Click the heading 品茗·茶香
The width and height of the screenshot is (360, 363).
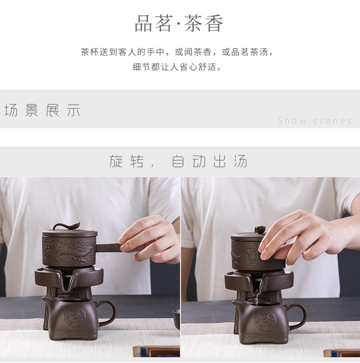pyautogui.click(x=179, y=23)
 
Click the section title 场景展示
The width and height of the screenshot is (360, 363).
pyautogui.click(x=42, y=110)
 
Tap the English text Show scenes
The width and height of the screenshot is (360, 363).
pyautogui.click(x=315, y=121)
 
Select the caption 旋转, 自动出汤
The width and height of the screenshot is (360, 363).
pyautogui.click(x=178, y=161)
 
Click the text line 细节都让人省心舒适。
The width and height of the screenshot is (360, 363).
pyautogui.click(x=177, y=67)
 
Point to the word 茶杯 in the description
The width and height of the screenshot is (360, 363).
pyautogui.click(x=90, y=52)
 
